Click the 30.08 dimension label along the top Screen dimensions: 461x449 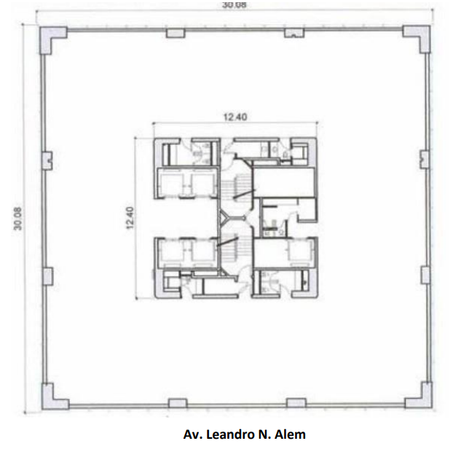[234, 4]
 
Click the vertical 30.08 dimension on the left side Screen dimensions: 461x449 [18, 219]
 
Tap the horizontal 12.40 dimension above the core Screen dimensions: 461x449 [235, 117]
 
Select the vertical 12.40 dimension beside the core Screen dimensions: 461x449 [130, 218]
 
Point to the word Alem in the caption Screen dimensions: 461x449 [290, 434]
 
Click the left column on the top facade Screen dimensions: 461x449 [176, 33]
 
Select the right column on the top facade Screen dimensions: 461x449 [294, 33]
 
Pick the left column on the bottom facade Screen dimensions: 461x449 [178, 403]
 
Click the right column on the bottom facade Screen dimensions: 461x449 [296, 402]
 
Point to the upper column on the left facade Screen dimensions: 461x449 [47, 160]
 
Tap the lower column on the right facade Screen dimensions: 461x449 [425, 275]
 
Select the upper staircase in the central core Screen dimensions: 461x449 [236, 188]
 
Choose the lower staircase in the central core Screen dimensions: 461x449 [235, 249]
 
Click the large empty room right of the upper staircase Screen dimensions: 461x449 [284, 182]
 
